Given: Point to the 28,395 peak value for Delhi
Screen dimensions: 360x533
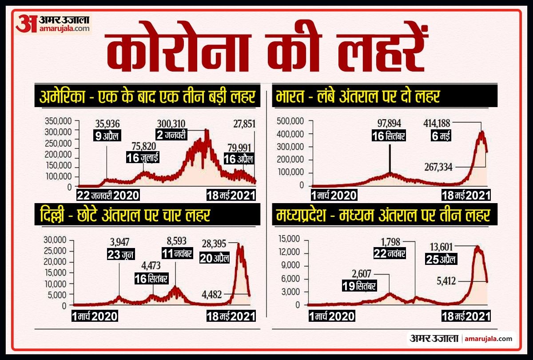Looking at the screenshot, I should tap(215, 244).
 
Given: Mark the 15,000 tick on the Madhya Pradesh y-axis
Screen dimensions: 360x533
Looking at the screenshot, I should tap(290, 240).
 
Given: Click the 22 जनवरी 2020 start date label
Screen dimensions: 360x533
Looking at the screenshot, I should tap(107, 195).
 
